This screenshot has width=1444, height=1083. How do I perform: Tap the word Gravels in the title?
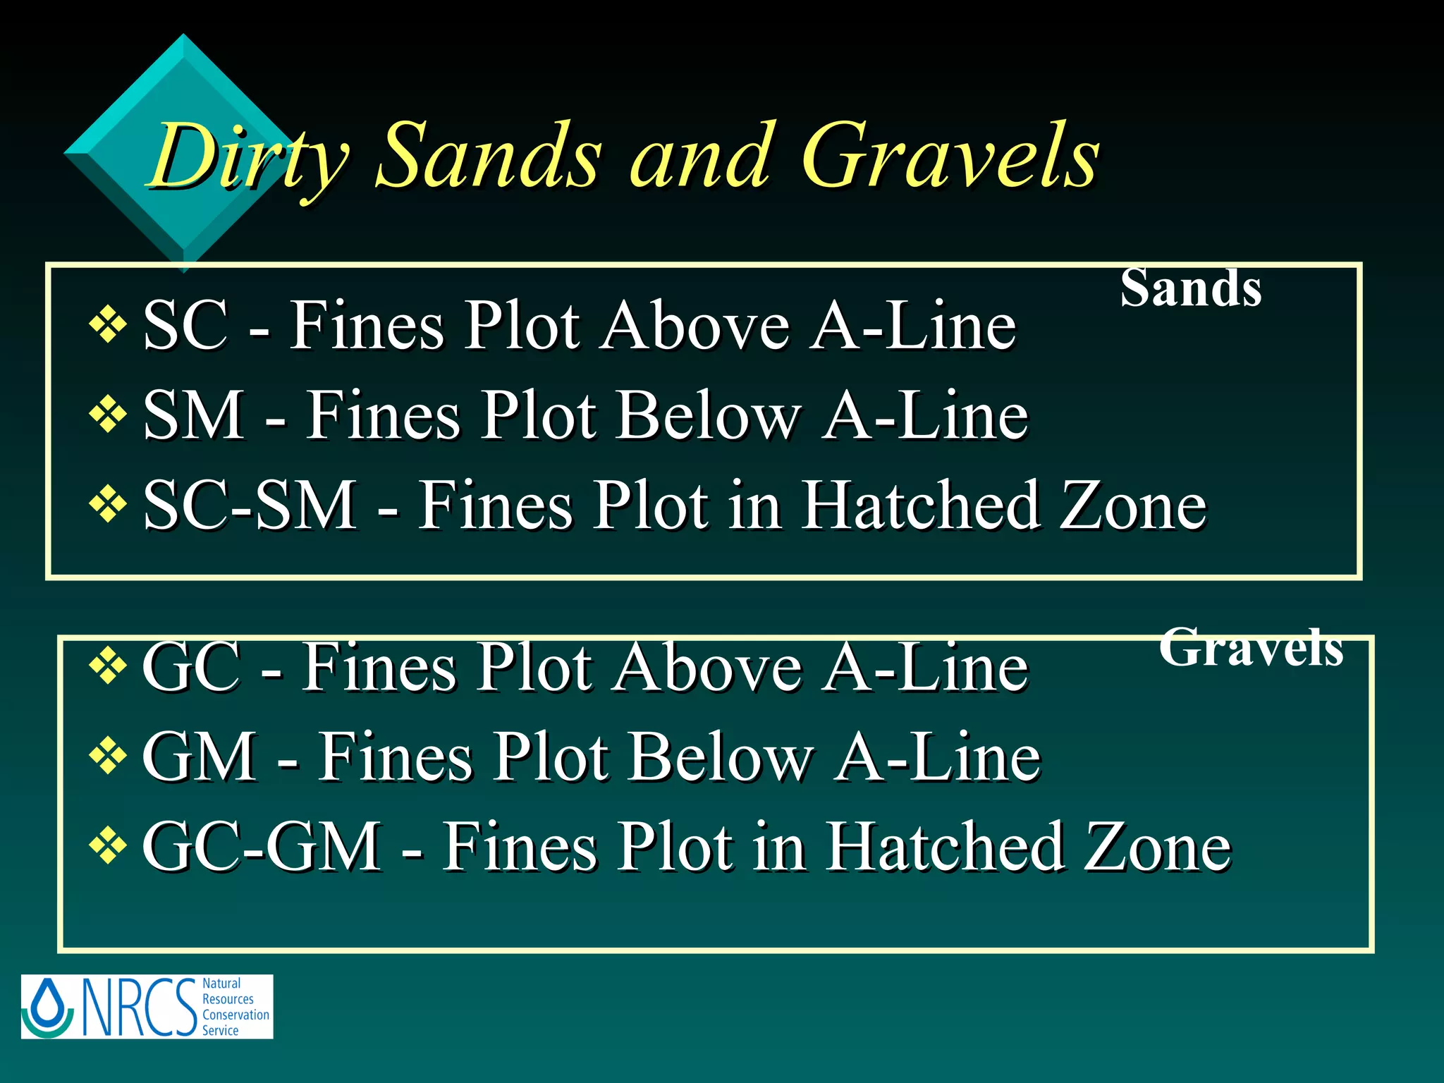point(950,157)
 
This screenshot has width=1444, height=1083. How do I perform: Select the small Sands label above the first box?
point(1191,288)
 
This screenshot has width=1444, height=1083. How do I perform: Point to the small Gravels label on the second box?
point(1251,647)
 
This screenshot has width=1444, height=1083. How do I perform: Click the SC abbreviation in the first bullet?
point(185,326)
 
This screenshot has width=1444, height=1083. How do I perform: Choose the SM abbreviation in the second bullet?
point(193,416)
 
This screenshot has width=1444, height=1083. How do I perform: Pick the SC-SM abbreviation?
point(250,505)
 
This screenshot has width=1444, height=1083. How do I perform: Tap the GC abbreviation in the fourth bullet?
point(191,667)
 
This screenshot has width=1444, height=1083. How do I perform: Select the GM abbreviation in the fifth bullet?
point(200,757)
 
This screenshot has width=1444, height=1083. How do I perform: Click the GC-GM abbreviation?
point(262,846)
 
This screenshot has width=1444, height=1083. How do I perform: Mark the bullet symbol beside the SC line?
point(108,325)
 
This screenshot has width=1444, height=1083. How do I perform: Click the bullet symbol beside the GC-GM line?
point(108,845)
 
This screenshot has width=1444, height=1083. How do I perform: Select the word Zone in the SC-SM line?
point(1134,505)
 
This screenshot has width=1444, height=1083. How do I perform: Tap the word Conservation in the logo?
point(235,1015)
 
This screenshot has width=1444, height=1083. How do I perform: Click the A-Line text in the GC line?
point(927,667)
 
